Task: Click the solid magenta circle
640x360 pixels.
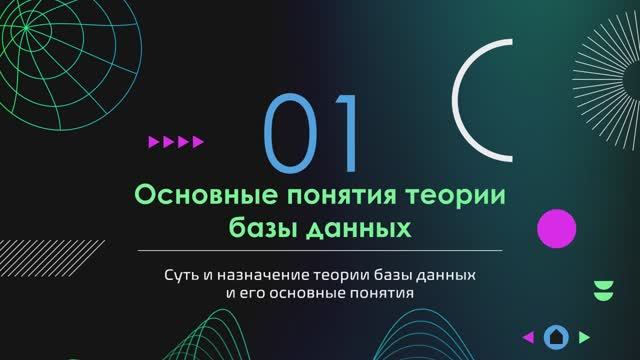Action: coord(557,230)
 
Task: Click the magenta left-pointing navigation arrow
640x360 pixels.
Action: coord(528,337)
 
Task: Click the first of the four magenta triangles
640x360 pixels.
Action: coord(154,142)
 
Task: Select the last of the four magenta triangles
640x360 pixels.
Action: coord(198,142)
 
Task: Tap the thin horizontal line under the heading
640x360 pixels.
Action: coord(320,250)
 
